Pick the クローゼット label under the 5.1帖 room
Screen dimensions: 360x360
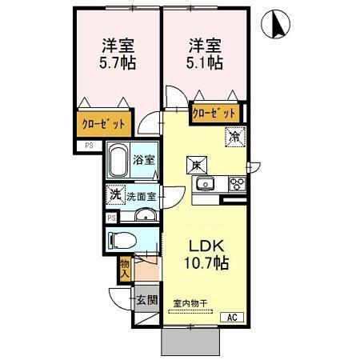pyautogui.click(x=215, y=113)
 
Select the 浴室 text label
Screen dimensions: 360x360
pyautogui.click(x=144, y=159)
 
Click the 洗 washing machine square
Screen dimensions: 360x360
pyautogui.click(x=115, y=194)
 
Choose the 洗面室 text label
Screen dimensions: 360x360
pyautogui.click(x=144, y=195)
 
